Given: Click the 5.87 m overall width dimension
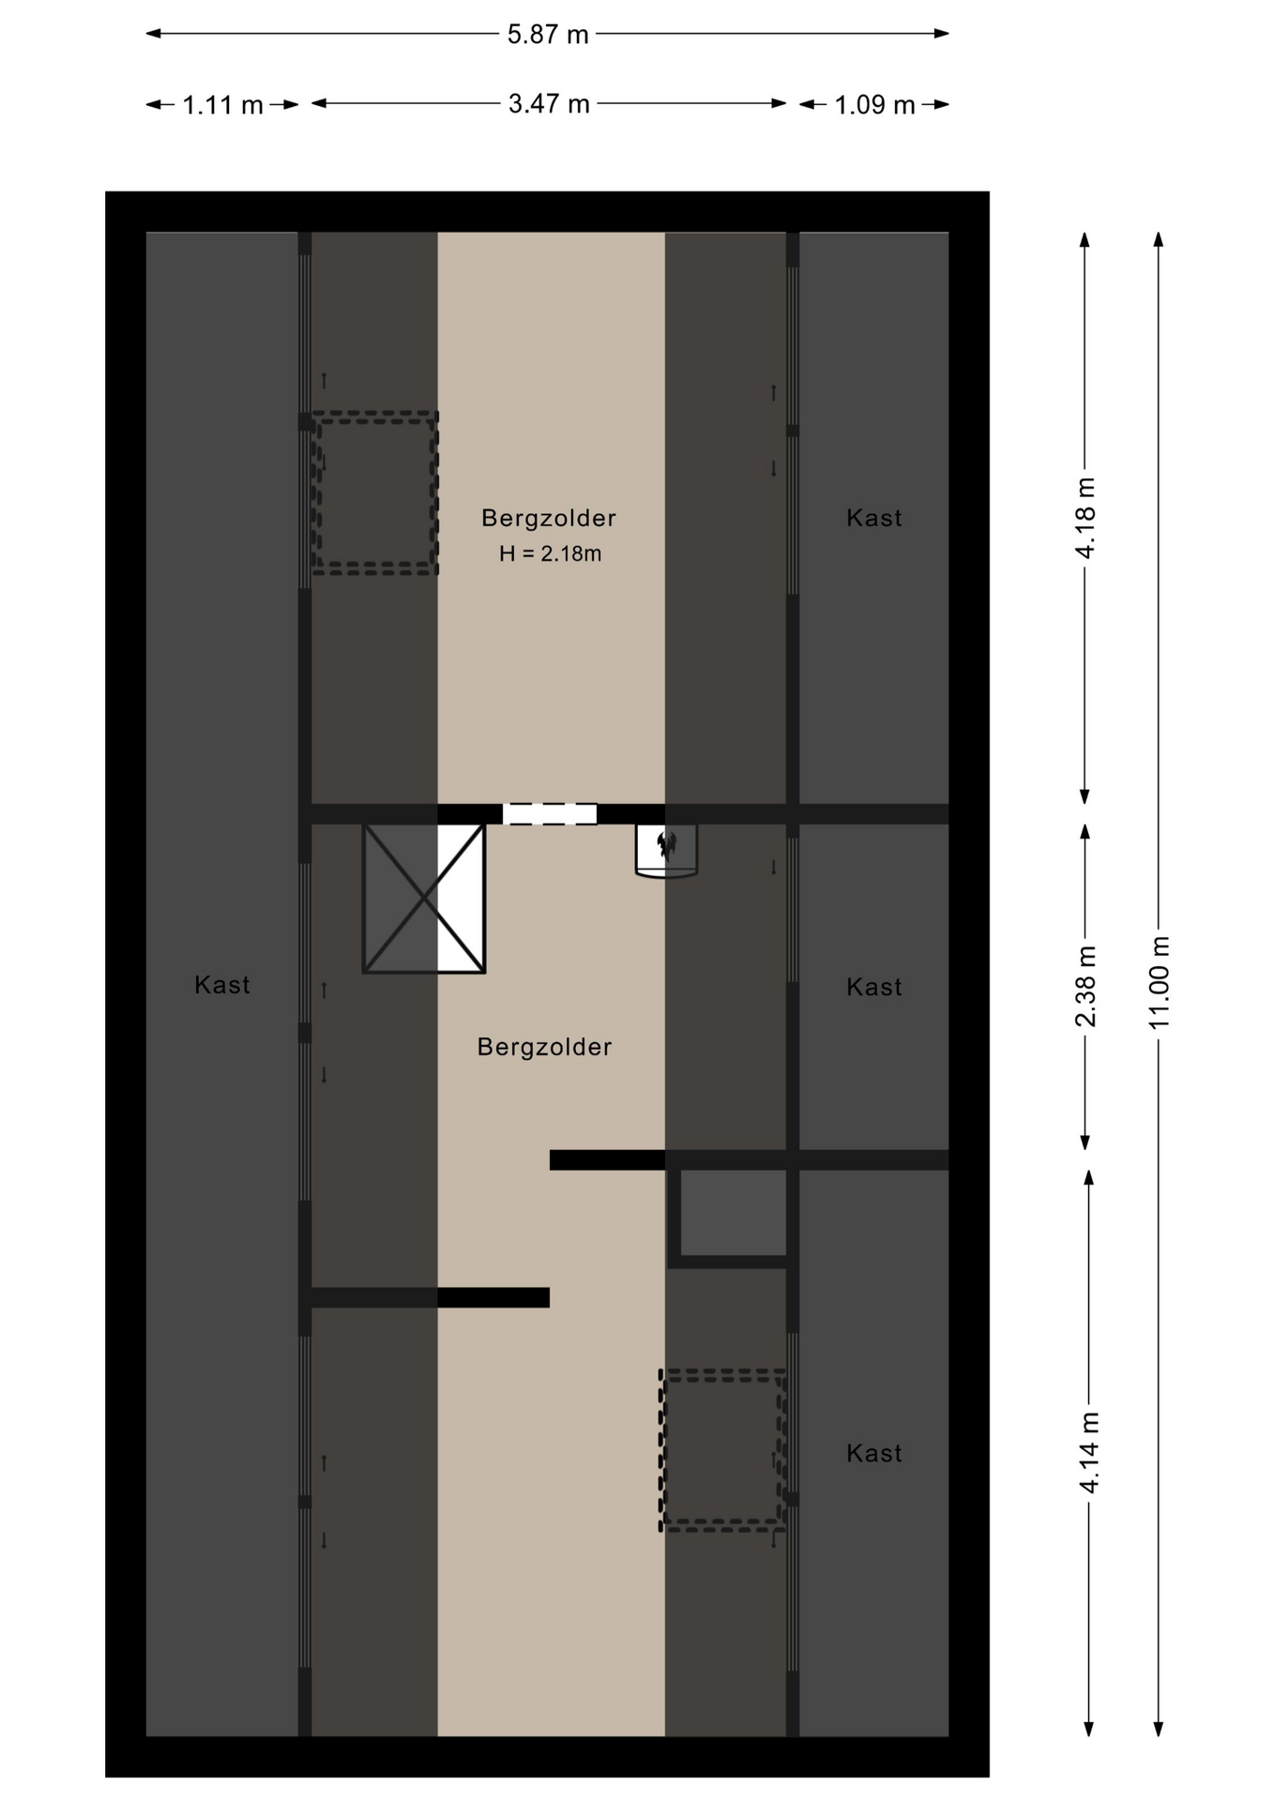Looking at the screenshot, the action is point(548,35).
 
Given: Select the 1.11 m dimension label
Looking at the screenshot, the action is point(222,105).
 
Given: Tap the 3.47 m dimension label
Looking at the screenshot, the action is point(549,104).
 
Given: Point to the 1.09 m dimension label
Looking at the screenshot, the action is point(874,105).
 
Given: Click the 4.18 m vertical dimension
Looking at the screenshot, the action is point(1085,518).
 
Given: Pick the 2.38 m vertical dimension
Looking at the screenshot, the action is point(1085,986).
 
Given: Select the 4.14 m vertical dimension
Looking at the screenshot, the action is point(1088,1453).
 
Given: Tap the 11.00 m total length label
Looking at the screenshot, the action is point(1160,982).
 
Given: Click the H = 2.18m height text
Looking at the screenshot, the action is point(550,554).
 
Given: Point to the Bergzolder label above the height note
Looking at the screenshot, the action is point(549,518).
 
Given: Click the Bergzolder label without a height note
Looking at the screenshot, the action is point(544,1047).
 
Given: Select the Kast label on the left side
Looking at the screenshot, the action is point(222,985).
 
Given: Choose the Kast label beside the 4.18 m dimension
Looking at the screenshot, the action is point(874,518).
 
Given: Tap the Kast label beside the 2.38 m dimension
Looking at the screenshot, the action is point(874,987).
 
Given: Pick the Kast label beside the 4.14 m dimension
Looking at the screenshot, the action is point(874,1454).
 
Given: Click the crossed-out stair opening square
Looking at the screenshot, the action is point(424,899).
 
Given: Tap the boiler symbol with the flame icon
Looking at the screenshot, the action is point(666,851).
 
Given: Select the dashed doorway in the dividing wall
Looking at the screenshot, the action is point(550,813).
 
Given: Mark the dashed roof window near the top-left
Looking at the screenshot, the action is point(375,492).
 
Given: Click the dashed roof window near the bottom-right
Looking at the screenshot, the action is point(722,1450).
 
